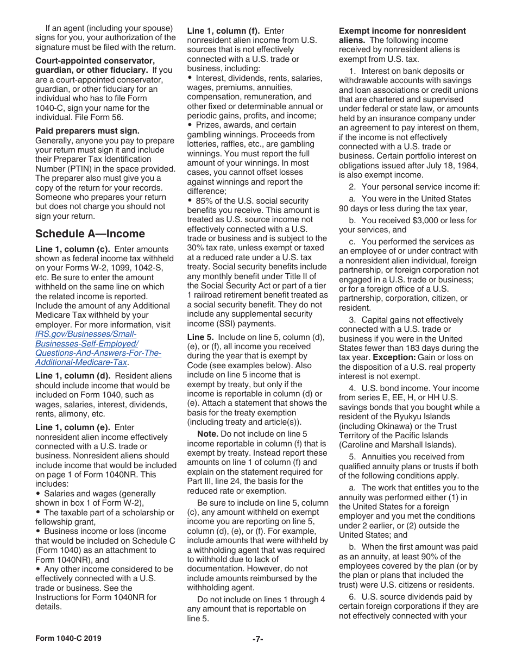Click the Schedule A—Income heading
pos(90,234)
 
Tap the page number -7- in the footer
pos(257,639)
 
